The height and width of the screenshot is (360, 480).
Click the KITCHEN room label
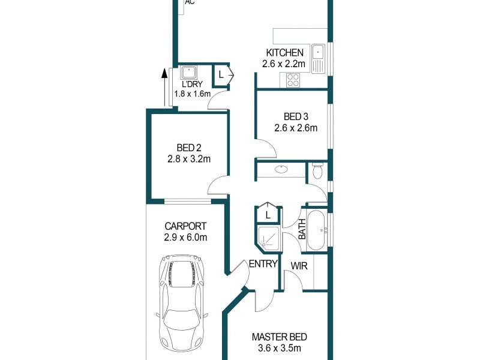[284, 53]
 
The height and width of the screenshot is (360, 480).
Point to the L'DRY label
[192, 85]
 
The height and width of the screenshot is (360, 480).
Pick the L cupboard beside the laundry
[222, 75]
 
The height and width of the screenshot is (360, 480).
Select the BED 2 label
[189, 148]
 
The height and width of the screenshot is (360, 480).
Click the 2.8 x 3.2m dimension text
[189, 159]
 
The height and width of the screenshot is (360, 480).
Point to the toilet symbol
[318, 172]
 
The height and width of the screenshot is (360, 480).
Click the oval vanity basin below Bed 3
[282, 170]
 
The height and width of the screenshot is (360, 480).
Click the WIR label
[299, 265]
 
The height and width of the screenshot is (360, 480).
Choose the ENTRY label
[263, 263]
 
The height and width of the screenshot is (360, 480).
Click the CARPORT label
[185, 226]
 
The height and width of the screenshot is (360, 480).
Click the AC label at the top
[190, 2]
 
